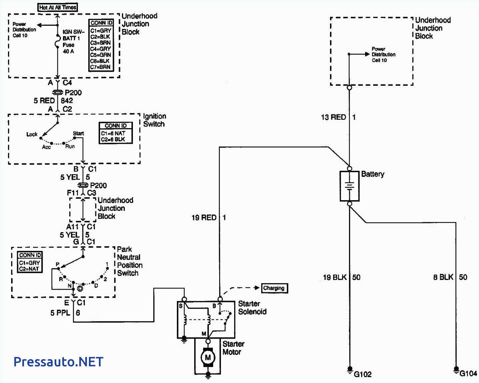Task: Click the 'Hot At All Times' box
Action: [x=58, y=7]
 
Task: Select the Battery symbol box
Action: [x=349, y=186]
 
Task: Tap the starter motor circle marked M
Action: [x=208, y=358]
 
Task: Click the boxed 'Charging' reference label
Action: [x=274, y=288]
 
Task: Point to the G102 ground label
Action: [x=362, y=374]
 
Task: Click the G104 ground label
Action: [x=468, y=374]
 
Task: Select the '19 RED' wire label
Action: [x=204, y=218]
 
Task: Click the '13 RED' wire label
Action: [x=333, y=117]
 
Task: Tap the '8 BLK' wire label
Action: [x=443, y=277]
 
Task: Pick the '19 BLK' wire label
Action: [x=335, y=277]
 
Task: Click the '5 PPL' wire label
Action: [x=60, y=313]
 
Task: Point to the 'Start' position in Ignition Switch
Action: [x=79, y=133]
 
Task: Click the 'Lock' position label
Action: [x=32, y=134]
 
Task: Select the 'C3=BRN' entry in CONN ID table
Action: [x=101, y=43]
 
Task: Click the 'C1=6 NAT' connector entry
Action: [x=113, y=133]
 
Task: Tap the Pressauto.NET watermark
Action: [x=58, y=362]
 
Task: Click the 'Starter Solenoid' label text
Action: [x=252, y=308]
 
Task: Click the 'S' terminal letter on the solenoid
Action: [x=181, y=306]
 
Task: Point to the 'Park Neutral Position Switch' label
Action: [x=130, y=261]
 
